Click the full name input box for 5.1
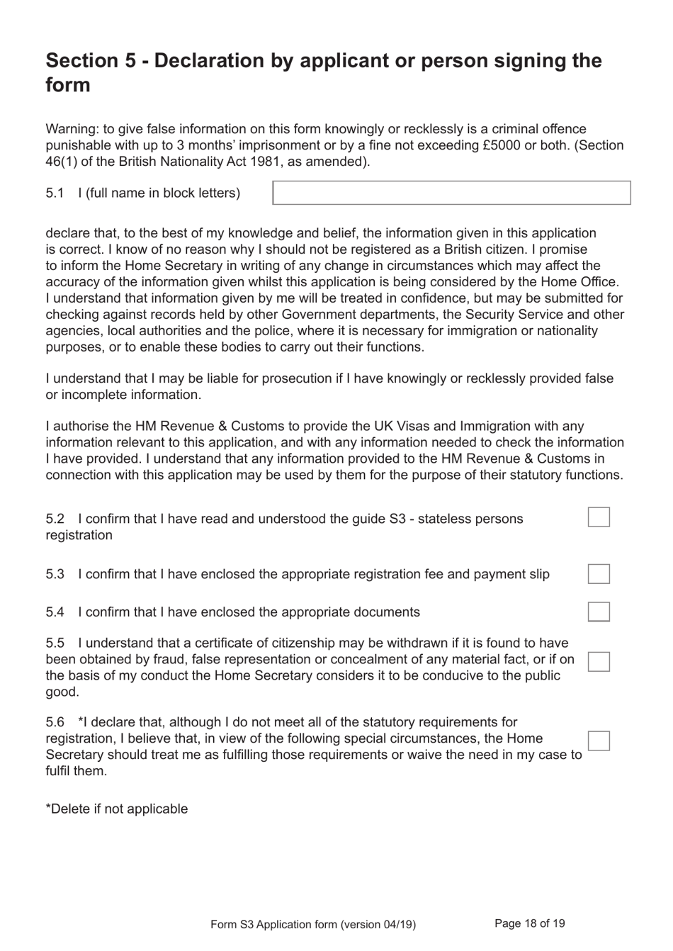451,193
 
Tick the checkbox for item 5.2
599,517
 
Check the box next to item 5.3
599,574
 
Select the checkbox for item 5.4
599,612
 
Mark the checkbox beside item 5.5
599,661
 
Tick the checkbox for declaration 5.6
599,741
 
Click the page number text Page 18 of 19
529,923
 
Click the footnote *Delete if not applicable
117,809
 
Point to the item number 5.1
55,193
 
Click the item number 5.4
55,612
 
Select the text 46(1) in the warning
62,162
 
